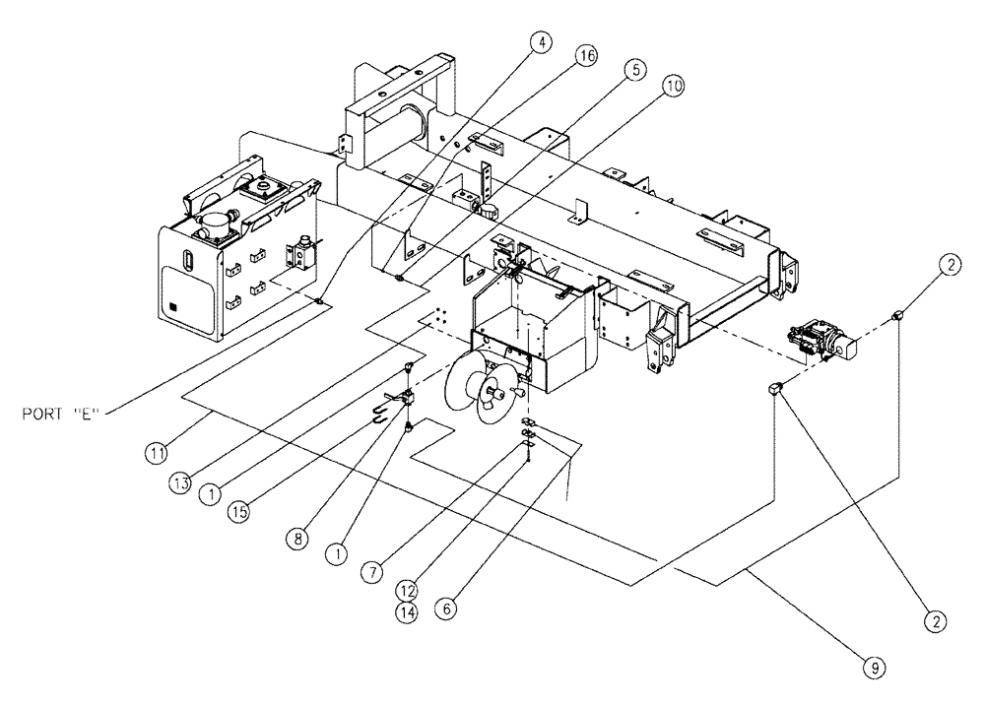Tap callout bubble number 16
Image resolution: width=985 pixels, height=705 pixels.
click(586, 58)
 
